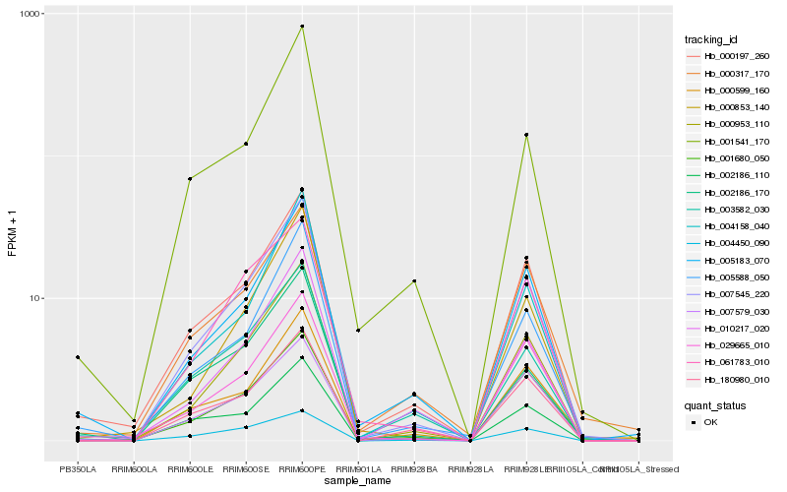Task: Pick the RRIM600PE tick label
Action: (x=302, y=469)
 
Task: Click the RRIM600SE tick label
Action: (x=246, y=469)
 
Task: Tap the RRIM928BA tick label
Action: (x=414, y=469)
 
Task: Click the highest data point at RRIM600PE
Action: (x=302, y=27)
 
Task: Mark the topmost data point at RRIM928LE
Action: (x=526, y=135)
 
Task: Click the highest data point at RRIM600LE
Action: (x=190, y=179)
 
